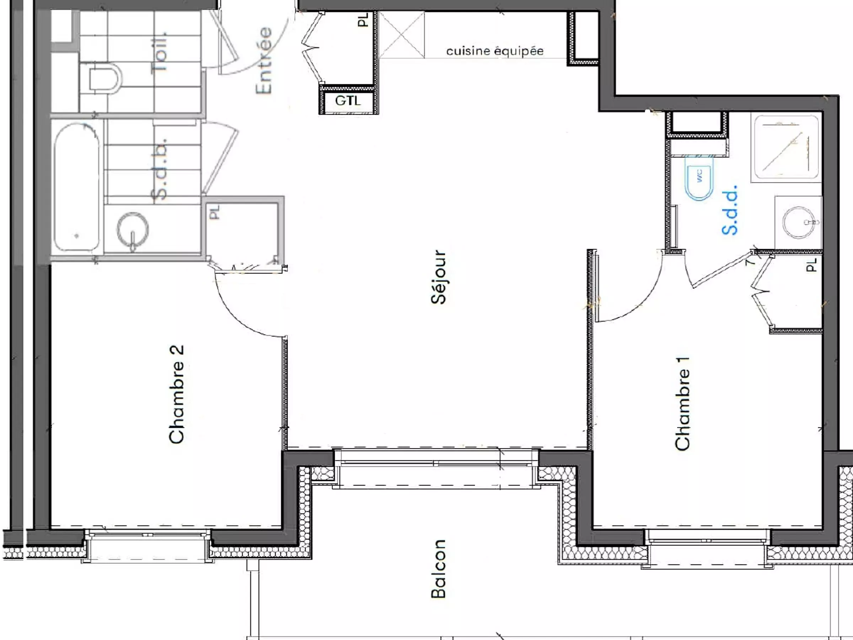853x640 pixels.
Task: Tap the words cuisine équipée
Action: (495, 51)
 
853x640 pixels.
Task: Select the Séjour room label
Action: (439, 277)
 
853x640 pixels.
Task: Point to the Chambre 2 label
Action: (177, 394)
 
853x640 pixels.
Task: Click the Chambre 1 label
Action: (682, 404)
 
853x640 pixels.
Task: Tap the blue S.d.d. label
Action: (730, 210)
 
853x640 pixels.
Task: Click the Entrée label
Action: (264, 60)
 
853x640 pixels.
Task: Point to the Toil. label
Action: (160, 52)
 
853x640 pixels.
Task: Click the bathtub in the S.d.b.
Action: (77, 188)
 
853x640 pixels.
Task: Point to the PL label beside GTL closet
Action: (363, 20)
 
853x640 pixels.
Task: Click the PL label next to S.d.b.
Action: (214, 212)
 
